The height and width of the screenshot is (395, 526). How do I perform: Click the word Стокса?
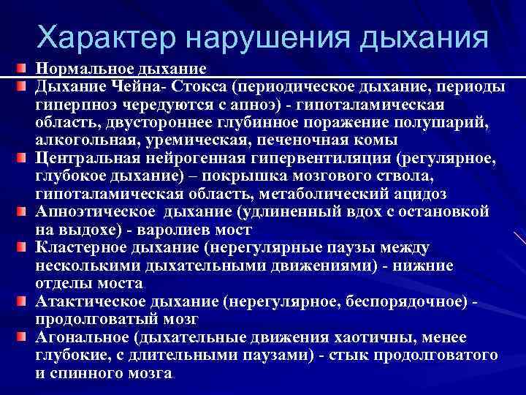pos(197,87)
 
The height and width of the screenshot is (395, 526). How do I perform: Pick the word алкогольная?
pos(81,140)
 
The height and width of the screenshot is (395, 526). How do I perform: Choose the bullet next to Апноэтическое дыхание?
pos(25,211)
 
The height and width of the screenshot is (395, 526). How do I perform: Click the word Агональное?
pos(82,336)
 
